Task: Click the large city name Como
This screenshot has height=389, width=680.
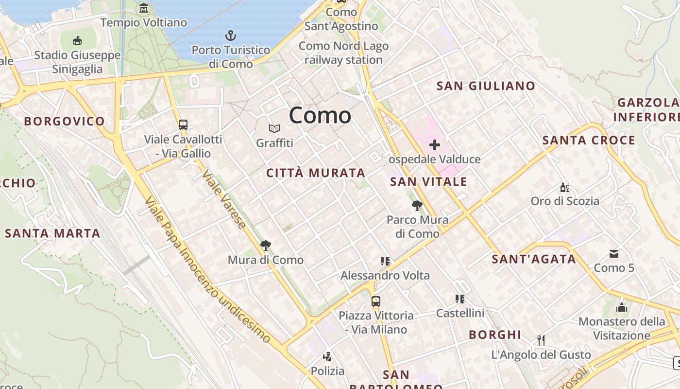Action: (320, 115)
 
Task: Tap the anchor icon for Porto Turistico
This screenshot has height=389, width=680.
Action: (231, 35)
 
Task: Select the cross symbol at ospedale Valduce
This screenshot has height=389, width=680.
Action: (434, 145)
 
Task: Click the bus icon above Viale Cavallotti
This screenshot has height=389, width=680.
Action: (183, 124)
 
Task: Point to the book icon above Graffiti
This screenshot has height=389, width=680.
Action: (274, 129)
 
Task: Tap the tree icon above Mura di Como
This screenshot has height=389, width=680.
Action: (265, 246)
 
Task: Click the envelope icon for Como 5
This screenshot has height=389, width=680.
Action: (614, 253)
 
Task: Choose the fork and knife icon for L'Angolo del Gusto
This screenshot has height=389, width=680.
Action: (541, 340)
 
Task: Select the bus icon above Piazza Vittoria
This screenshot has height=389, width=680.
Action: (376, 301)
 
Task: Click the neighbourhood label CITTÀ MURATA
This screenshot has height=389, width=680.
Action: (316, 173)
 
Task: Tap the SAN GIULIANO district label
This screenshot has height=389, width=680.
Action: (486, 86)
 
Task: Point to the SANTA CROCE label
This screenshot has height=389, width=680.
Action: (589, 141)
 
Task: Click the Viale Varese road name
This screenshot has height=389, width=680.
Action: (224, 199)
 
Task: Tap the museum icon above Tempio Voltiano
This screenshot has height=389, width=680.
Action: (144, 8)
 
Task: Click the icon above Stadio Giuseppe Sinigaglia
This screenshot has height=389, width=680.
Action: (77, 40)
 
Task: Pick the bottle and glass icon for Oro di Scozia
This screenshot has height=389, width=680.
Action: (564, 187)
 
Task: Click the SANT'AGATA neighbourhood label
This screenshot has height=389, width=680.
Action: (534, 259)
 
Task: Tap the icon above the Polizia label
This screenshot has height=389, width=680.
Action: (327, 356)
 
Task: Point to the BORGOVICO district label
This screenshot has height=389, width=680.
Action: (64, 121)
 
